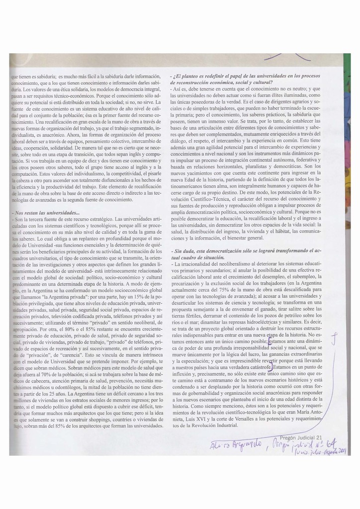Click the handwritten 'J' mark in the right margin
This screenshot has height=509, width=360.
pyautogui.click(x=337, y=339)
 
